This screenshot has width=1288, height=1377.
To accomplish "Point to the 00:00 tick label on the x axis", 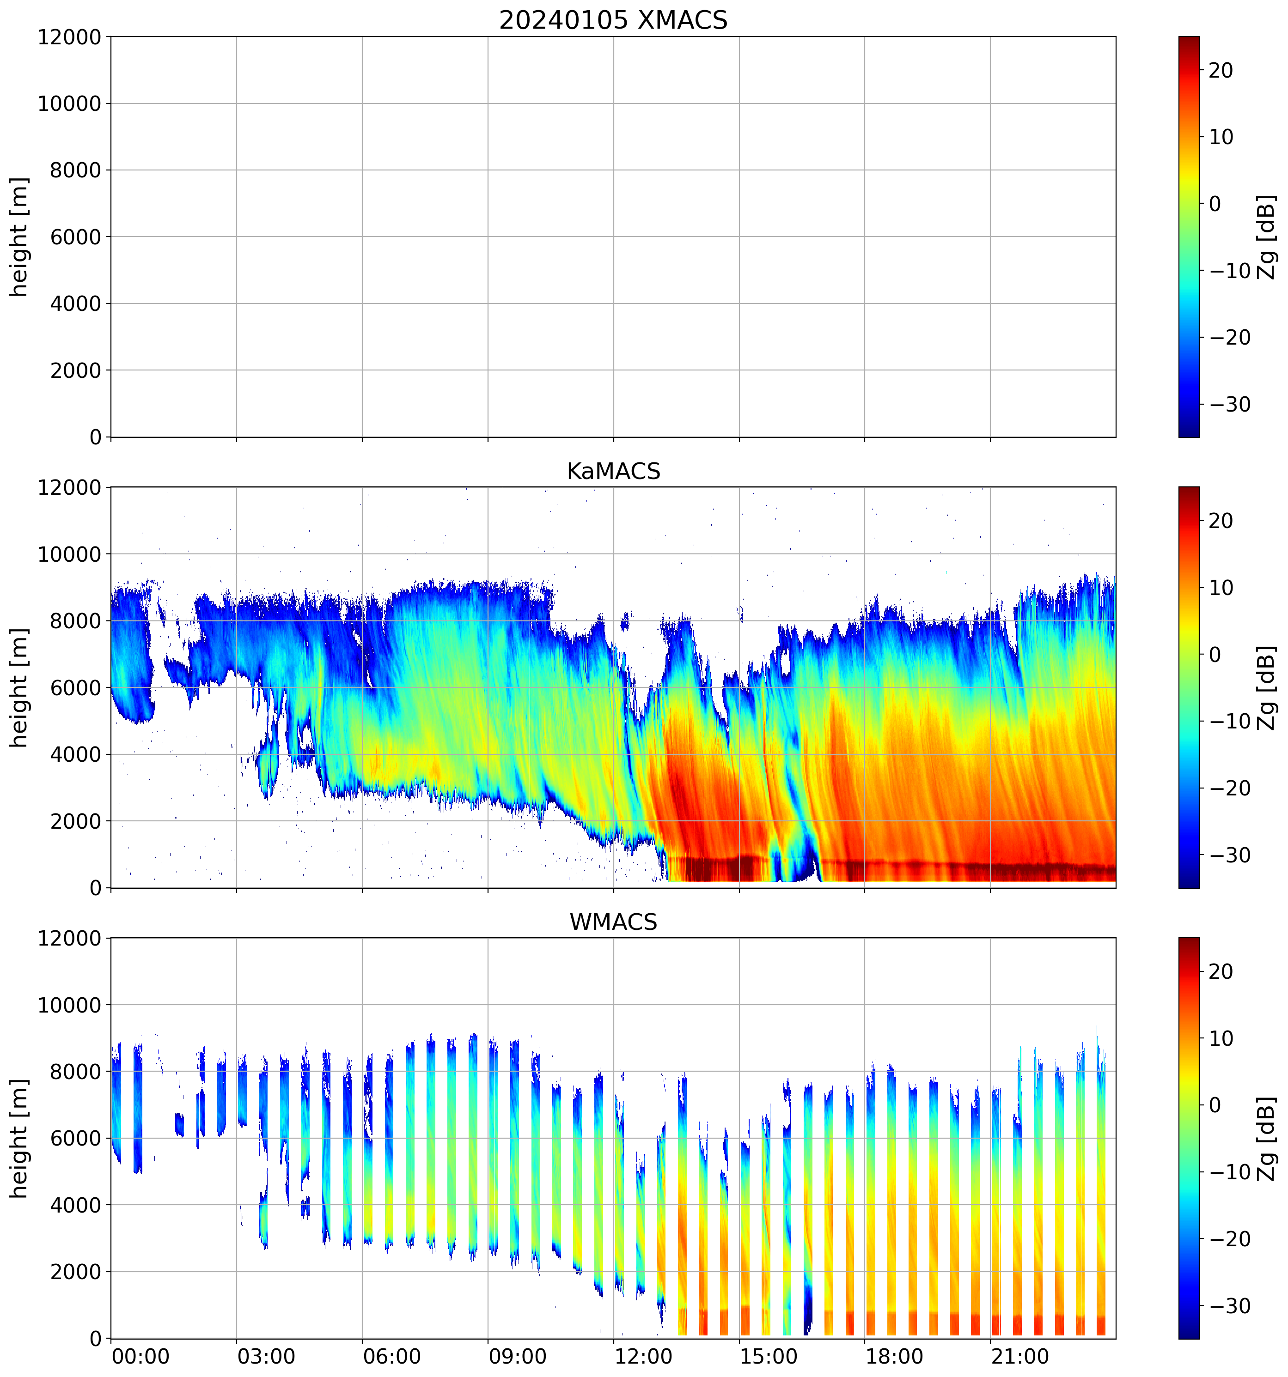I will point(140,1356).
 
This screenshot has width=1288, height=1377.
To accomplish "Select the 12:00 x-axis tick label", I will point(643,1356).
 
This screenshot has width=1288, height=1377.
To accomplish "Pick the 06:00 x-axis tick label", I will point(392,1356).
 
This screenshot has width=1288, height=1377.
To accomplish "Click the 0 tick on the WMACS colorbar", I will point(1215,1105).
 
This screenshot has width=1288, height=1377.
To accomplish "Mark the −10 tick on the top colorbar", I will point(1230,271).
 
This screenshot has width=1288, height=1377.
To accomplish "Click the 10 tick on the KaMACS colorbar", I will point(1221,588).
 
